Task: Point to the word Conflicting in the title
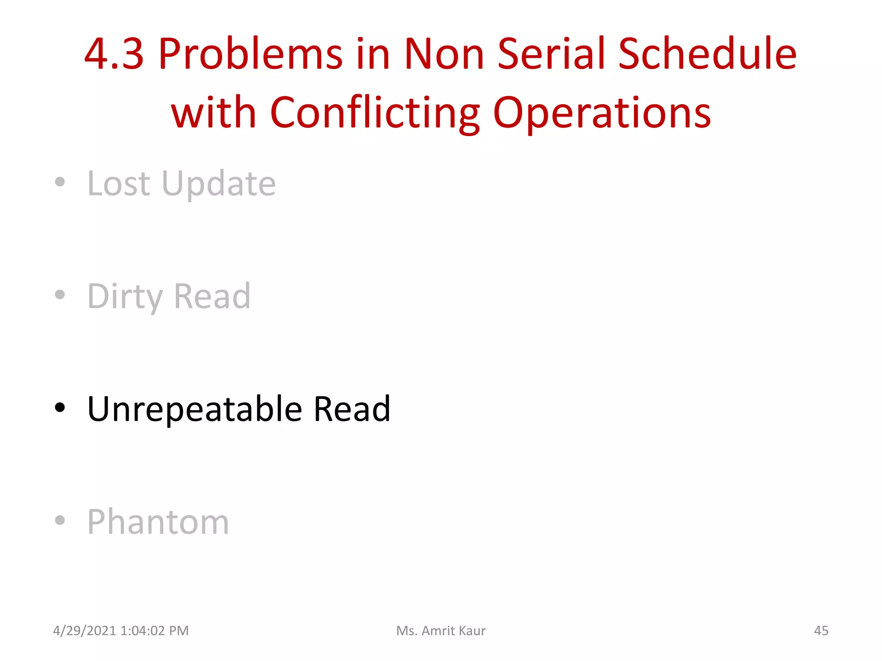click(x=375, y=113)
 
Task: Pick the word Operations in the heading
click(x=602, y=113)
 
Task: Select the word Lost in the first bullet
click(x=119, y=184)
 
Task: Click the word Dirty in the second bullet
click(x=125, y=297)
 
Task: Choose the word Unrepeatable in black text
click(x=195, y=409)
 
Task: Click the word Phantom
click(x=158, y=522)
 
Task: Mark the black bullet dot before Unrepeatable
click(x=60, y=408)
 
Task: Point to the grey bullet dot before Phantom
click(x=60, y=520)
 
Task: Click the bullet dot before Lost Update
click(x=60, y=182)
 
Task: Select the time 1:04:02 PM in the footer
click(x=155, y=631)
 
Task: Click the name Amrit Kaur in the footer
click(x=453, y=631)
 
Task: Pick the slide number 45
click(x=821, y=631)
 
